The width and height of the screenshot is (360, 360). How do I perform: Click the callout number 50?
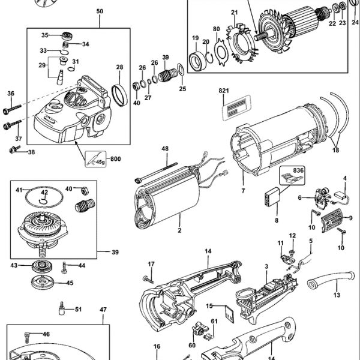tap(99, 11)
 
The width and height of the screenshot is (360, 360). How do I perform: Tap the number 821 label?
tap(225, 89)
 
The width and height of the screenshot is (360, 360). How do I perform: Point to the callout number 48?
tap(164, 148)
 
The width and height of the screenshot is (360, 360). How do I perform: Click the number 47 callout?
tap(103, 310)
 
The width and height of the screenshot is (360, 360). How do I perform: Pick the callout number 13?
tap(336, 296)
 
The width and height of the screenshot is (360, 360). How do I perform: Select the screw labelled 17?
tap(146, 278)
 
